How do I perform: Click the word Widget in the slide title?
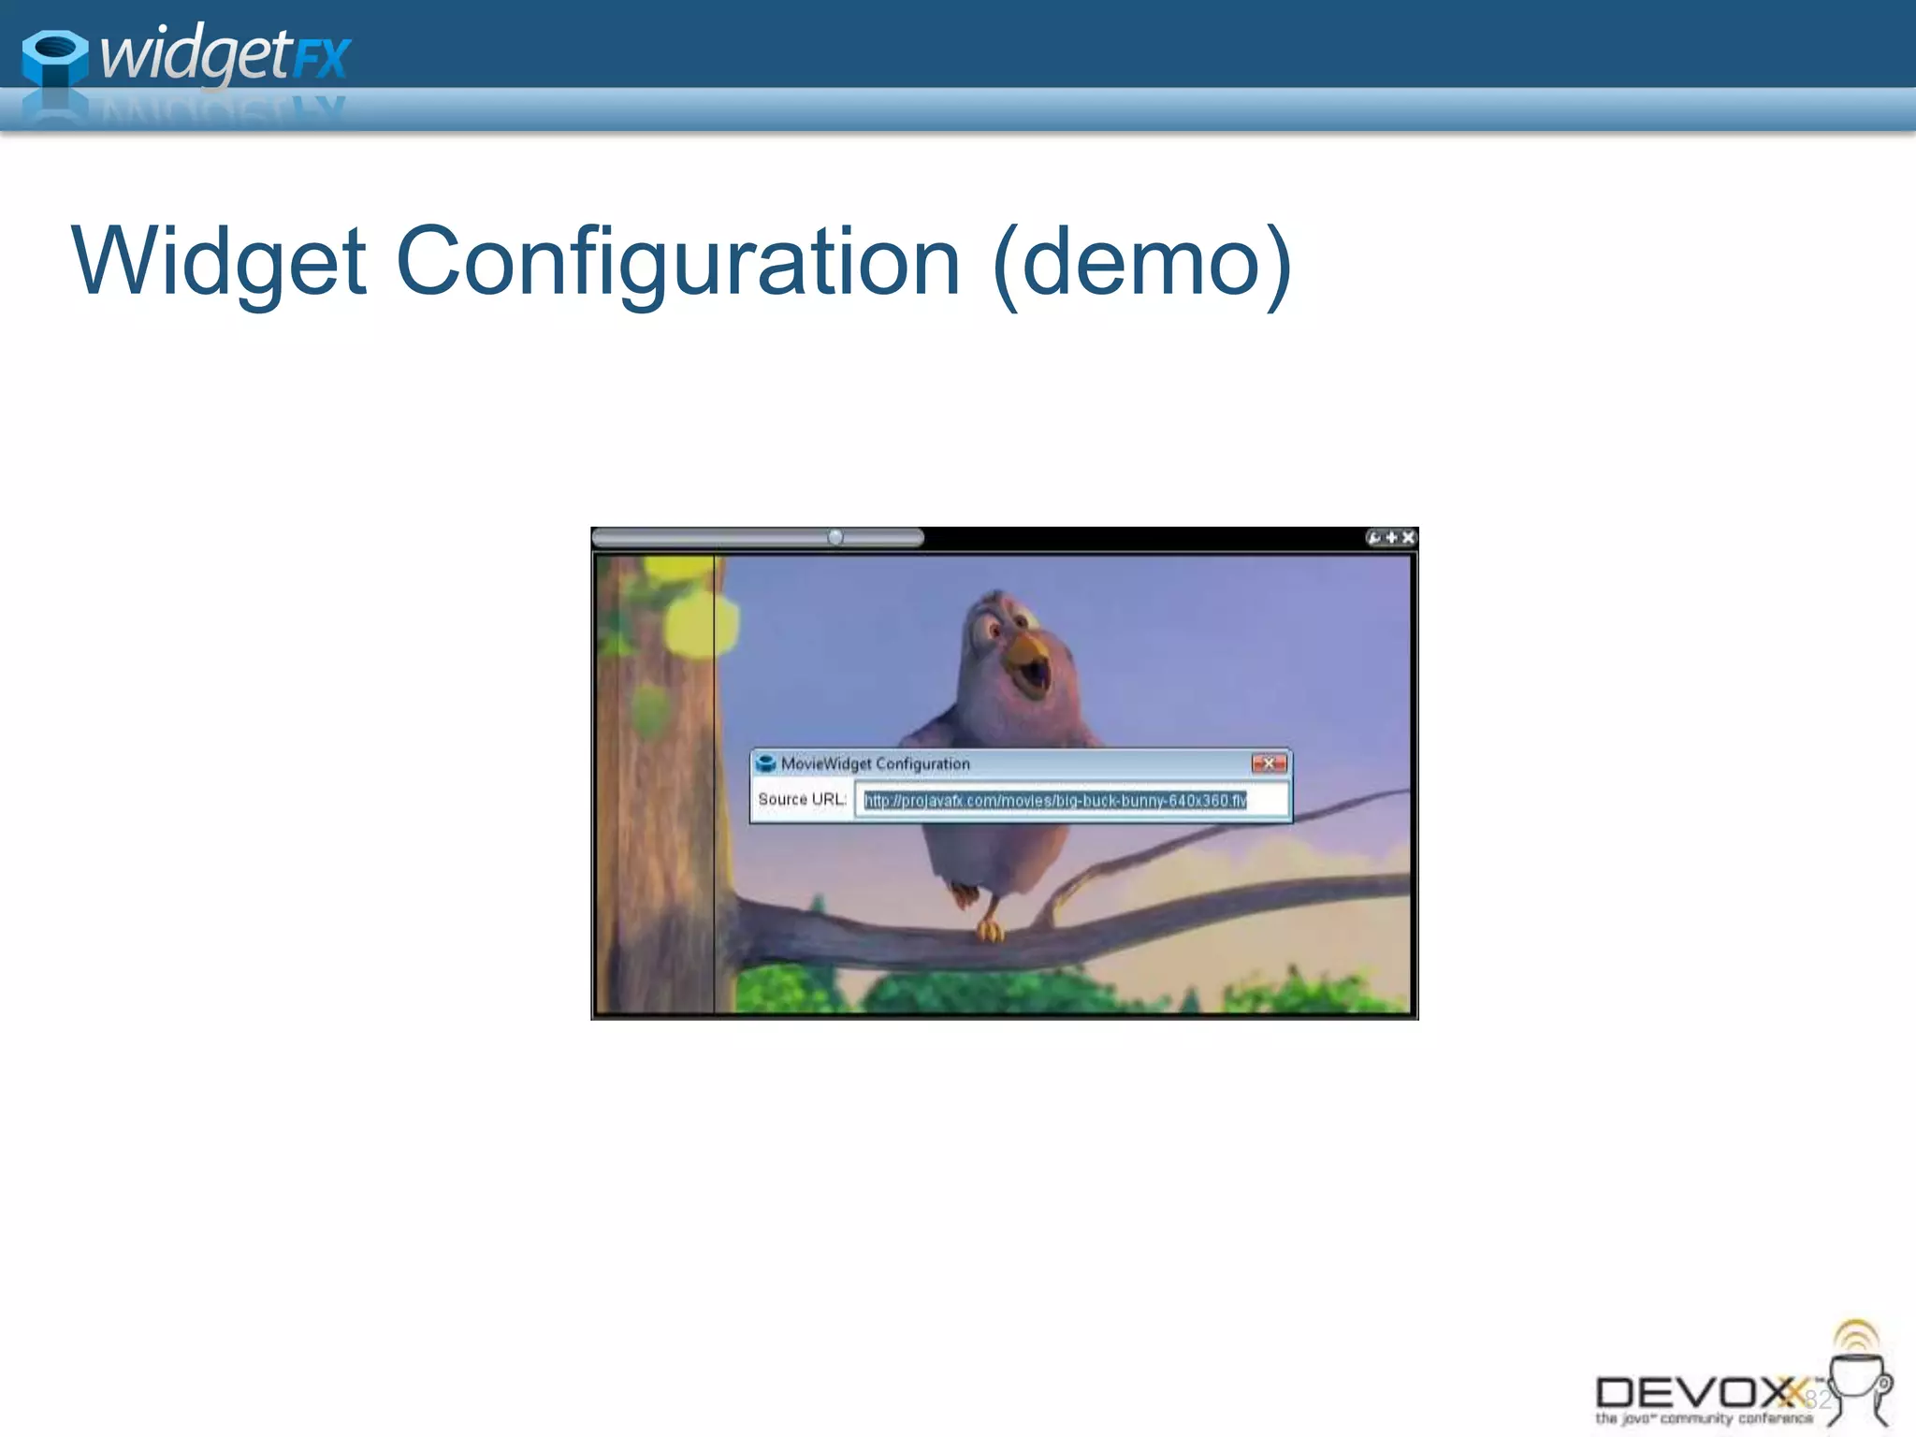[x=219, y=263]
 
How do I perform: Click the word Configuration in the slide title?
[x=677, y=263]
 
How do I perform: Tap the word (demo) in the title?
[x=1142, y=263]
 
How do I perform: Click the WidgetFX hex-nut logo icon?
[x=54, y=58]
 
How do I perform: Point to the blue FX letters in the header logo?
[x=322, y=58]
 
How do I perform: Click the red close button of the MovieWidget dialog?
[x=1269, y=763]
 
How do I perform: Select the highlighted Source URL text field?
[x=1070, y=801]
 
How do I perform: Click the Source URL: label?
[x=802, y=799]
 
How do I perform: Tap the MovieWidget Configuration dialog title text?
[x=875, y=763]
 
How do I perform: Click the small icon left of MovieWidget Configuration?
[x=766, y=763]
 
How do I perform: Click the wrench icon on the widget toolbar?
[x=1373, y=538]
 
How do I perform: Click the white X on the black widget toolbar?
[x=1408, y=538]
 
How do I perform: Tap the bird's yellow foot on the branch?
[x=989, y=930]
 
